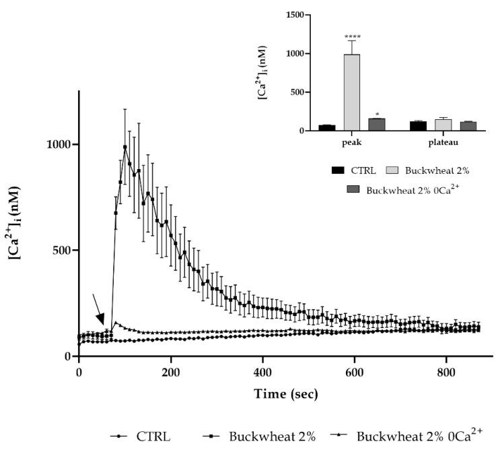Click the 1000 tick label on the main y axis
tap(59, 144)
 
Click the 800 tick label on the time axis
tap(445, 371)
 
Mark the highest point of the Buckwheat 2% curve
tap(124, 147)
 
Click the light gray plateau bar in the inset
tap(443, 125)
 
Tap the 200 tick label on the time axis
tap(171, 371)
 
